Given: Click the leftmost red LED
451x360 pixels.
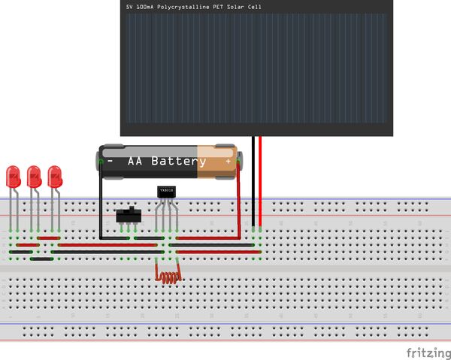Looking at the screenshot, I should [13, 177].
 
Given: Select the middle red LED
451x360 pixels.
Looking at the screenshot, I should [34, 177].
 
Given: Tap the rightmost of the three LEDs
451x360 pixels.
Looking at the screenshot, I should [55, 177].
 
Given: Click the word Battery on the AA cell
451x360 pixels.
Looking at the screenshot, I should [179, 162].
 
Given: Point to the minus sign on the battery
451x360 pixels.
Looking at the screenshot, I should [110, 162].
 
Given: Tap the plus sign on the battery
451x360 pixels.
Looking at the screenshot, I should [228, 162].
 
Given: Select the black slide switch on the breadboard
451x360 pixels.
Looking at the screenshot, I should [129, 216].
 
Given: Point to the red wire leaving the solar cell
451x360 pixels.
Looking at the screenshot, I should [260, 180].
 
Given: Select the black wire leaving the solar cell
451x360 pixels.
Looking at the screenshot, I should [254, 180].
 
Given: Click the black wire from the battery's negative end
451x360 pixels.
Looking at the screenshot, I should [101, 203].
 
